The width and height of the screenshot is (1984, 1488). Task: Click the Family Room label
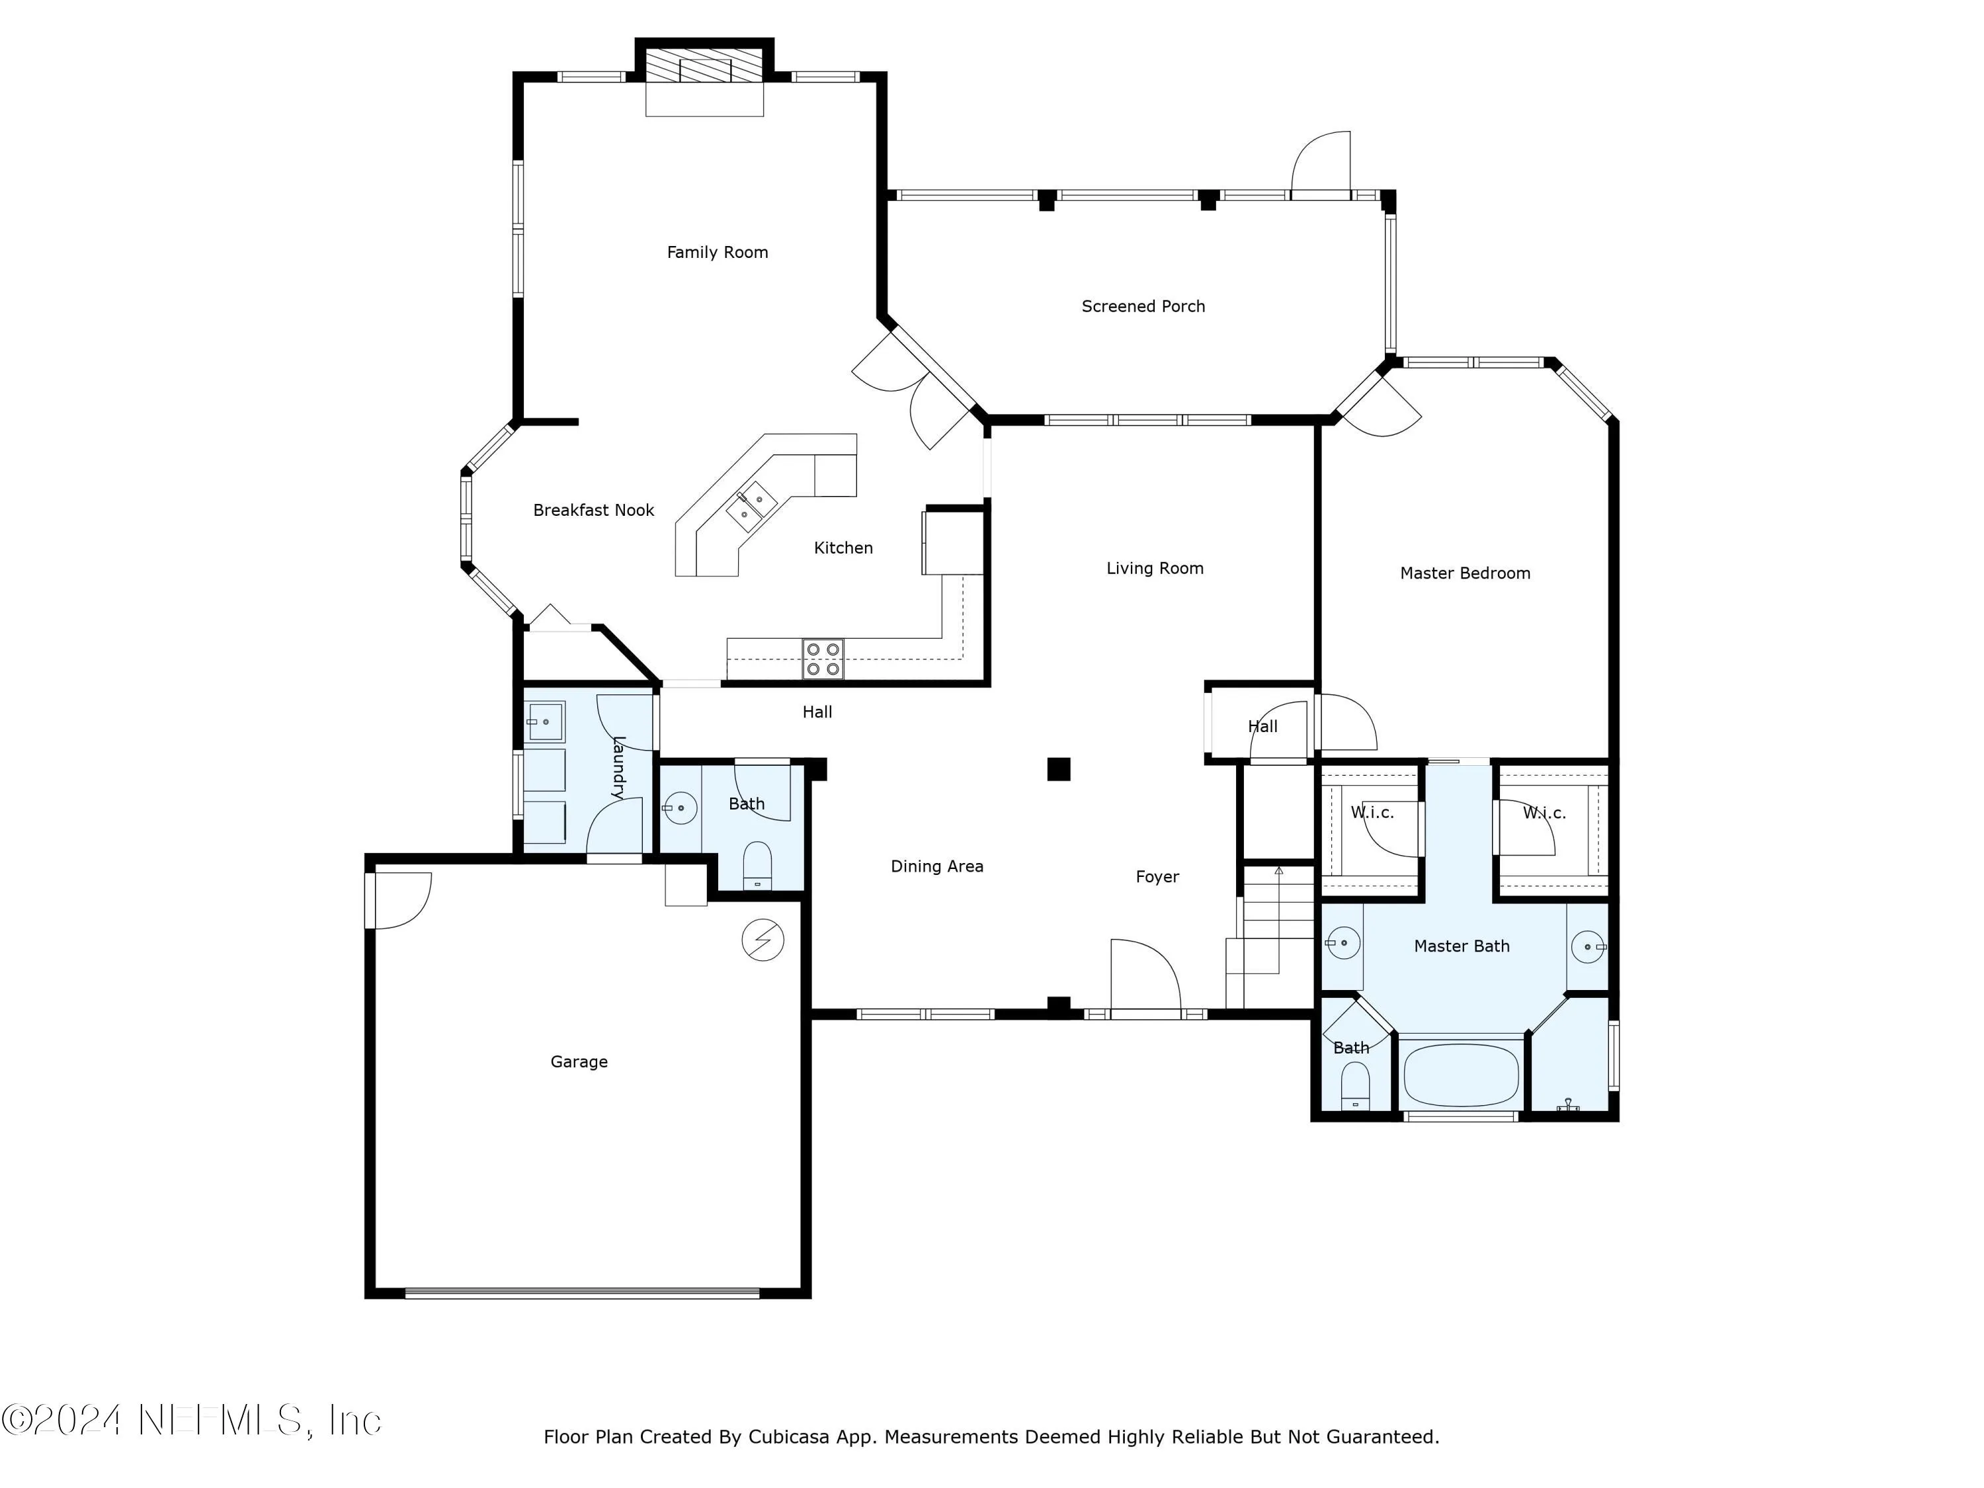click(x=717, y=252)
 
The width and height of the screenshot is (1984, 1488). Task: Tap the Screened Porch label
click(x=1143, y=306)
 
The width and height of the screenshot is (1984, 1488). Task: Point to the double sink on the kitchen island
click(x=751, y=506)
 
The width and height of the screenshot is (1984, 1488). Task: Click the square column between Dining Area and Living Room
click(x=1058, y=768)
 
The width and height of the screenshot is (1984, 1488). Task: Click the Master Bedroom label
click(x=1465, y=573)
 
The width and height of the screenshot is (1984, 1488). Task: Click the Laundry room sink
click(x=544, y=721)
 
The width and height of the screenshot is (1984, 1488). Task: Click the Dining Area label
click(x=936, y=866)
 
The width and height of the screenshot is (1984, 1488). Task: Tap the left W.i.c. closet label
click(x=1372, y=813)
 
